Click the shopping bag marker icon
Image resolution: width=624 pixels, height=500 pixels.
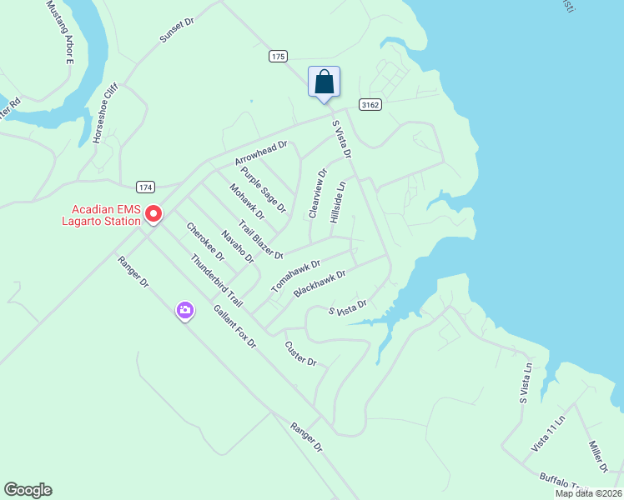[324, 82]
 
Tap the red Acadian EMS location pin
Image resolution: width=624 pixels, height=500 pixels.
[153, 214]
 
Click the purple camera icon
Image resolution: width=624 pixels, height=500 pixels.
[185, 312]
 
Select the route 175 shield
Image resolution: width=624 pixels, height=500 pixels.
[279, 56]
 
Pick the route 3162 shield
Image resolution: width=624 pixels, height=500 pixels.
[370, 104]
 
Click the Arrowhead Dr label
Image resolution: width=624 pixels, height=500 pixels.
[260, 152]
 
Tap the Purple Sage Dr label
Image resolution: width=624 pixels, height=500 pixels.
[263, 188]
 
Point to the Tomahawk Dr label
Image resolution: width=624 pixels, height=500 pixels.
[295, 276]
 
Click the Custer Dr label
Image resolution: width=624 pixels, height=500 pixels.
[300, 353]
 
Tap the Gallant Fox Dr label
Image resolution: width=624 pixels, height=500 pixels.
[234, 326]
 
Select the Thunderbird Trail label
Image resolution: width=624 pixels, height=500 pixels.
[216, 280]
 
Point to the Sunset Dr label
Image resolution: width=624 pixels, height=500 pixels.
[177, 32]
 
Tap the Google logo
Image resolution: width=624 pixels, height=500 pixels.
[28, 490]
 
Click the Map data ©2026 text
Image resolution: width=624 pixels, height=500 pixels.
[587, 493]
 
